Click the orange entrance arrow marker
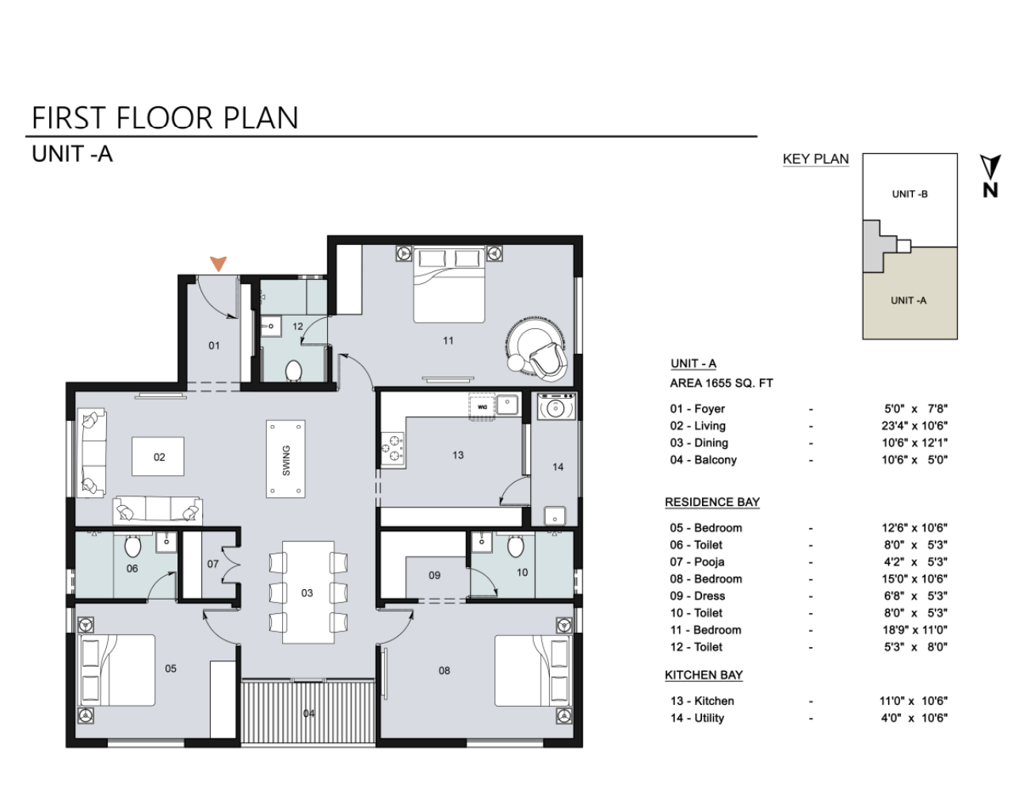[x=219, y=264]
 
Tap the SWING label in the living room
[x=286, y=461]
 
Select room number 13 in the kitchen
[x=458, y=455]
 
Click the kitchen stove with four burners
[x=394, y=450]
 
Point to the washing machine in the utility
[x=557, y=406]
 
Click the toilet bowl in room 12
[x=293, y=370]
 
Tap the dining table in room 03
[x=308, y=592]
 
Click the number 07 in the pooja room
[x=212, y=565]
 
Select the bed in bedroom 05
[x=116, y=669]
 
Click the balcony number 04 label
[x=309, y=714]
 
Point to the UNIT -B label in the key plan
[x=910, y=194]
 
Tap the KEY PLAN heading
[x=815, y=159]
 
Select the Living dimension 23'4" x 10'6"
[x=914, y=426]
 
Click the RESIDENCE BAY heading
[x=712, y=503]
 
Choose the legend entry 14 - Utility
[x=697, y=718]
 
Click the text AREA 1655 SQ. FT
[x=721, y=383]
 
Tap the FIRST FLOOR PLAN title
[x=165, y=118]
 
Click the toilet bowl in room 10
[x=515, y=546]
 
